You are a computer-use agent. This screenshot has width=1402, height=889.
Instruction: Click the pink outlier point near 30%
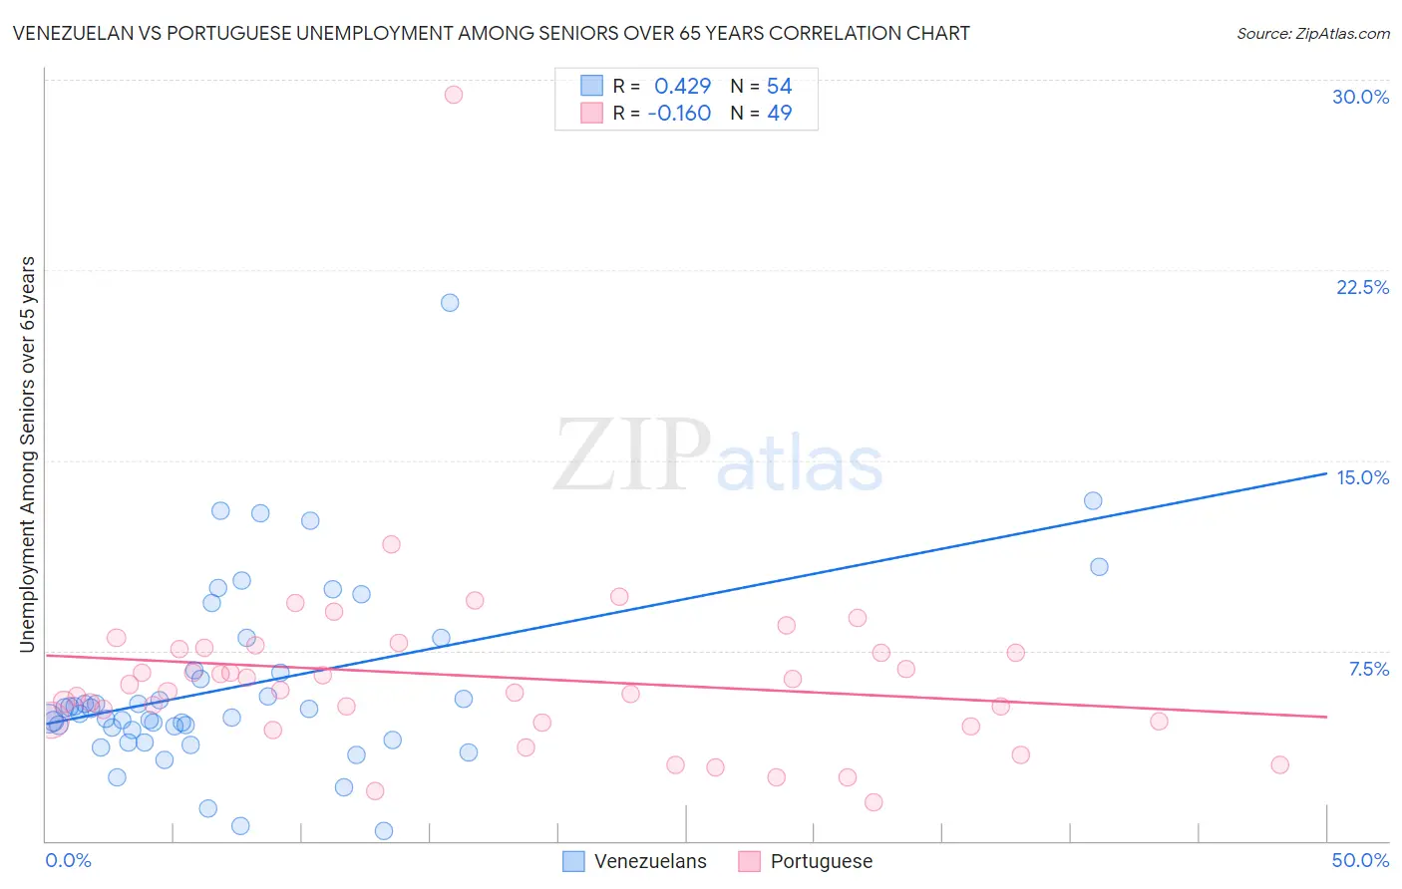pyautogui.click(x=453, y=95)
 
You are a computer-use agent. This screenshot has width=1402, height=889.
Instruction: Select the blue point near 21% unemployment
pyautogui.click(x=450, y=303)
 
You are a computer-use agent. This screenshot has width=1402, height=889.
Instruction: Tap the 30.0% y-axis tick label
pyautogui.click(x=1360, y=97)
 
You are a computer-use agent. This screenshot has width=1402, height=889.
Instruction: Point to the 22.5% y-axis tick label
pyautogui.click(x=1362, y=287)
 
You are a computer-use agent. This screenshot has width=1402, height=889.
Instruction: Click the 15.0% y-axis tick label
pyautogui.click(x=1362, y=477)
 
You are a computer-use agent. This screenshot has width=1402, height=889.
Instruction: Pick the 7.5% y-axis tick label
pyautogui.click(x=1368, y=669)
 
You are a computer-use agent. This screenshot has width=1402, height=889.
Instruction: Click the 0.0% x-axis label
pyautogui.click(x=68, y=860)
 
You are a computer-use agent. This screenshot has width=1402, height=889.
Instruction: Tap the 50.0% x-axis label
pyautogui.click(x=1360, y=860)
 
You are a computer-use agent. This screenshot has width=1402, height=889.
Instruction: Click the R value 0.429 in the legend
pyautogui.click(x=682, y=87)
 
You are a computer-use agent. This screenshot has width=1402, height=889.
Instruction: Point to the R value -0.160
pyautogui.click(x=679, y=114)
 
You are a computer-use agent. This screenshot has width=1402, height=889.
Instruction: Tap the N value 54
pyautogui.click(x=779, y=87)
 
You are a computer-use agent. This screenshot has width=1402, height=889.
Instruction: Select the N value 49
pyautogui.click(x=779, y=114)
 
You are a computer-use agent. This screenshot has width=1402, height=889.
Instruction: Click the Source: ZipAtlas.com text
pyautogui.click(x=1312, y=34)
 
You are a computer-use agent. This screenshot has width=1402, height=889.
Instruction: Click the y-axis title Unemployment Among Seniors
pyautogui.click(x=27, y=454)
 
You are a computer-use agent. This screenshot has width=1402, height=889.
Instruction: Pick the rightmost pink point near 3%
pyautogui.click(x=1279, y=765)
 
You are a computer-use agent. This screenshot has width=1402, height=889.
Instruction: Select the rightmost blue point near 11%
pyautogui.click(x=1099, y=567)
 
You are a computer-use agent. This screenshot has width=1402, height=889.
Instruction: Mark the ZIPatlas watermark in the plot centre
pyautogui.click(x=718, y=456)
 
